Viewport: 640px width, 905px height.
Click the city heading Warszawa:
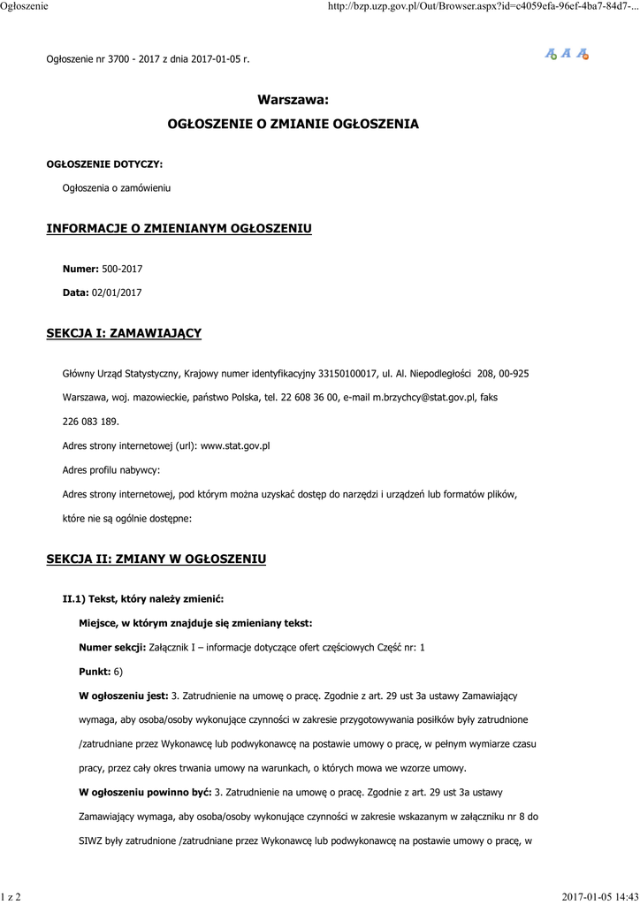[293, 101]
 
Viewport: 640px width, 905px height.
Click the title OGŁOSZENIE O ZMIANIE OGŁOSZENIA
[293, 125]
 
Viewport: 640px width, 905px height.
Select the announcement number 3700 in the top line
[118, 59]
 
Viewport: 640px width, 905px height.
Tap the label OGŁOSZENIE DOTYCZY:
[104, 164]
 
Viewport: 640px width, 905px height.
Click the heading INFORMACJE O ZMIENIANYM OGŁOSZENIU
[179, 229]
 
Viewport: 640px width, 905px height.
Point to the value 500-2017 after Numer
[122, 269]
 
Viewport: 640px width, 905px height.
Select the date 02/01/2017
[117, 292]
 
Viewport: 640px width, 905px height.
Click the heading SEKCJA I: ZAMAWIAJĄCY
[124, 333]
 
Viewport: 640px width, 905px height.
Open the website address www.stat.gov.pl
[235, 445]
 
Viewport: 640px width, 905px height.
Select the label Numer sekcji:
[112, 648]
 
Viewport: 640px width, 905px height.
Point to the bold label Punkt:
[95, 672]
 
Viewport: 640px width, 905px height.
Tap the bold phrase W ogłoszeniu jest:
[124, 696]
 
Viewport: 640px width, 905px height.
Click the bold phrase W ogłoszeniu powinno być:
[146, 792]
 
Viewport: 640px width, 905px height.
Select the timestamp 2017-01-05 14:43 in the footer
[599, 897]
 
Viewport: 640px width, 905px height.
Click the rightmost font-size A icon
[583, 54]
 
